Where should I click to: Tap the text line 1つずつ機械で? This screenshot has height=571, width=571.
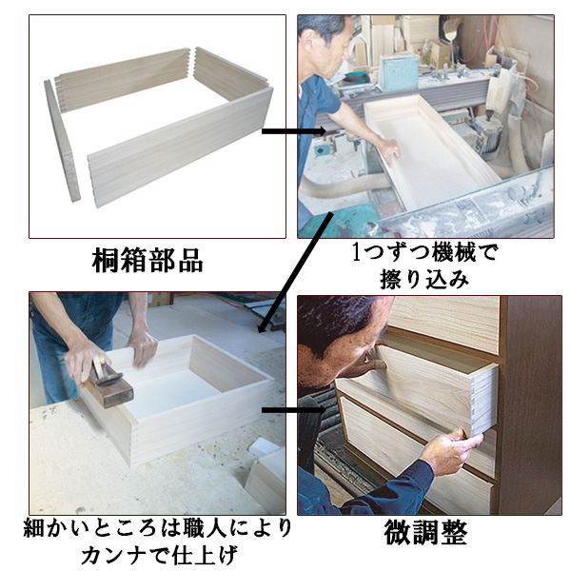(x=424, y=254)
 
